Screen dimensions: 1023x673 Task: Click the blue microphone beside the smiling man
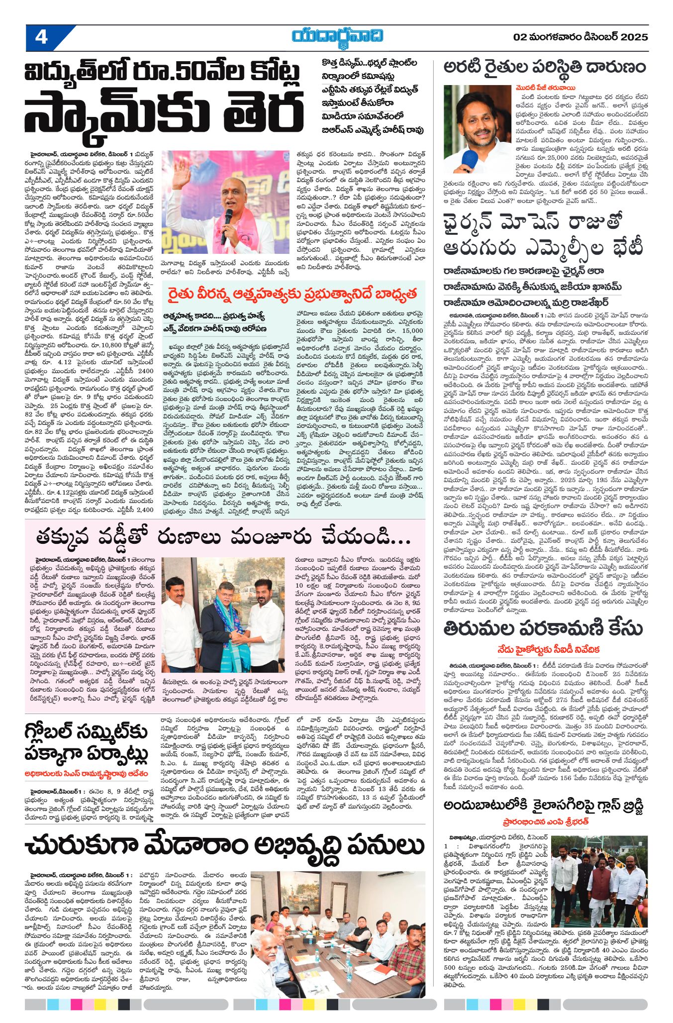[x=469, y=159]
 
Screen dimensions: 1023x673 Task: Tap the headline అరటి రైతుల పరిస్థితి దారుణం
[x=544, y=67]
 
